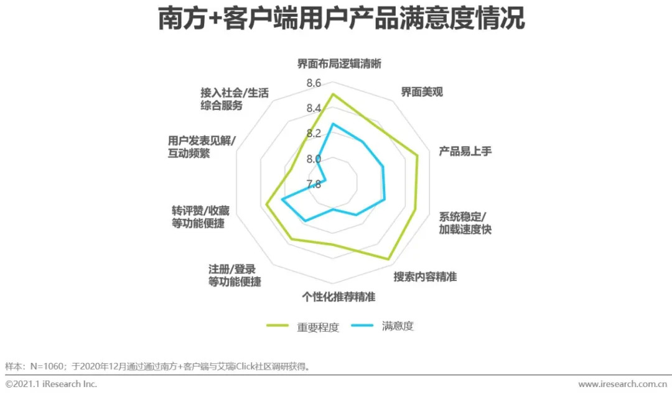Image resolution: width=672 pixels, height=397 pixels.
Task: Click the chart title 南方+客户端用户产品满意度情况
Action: pyautogui.click(x=340, y=19)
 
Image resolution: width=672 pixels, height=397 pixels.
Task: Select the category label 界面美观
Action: pyautogui.click(x=421, y=92)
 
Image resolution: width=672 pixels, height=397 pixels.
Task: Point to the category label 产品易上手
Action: pyautogui.click(x=465, y=151)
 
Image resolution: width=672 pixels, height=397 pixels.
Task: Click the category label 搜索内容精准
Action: pyautogui.click(x=425, y=277)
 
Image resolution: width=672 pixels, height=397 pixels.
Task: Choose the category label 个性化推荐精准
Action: pyautogui.click(x=338, y=297)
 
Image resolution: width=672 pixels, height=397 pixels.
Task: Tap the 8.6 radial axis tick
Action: pyautogui.click(x=314, y=83)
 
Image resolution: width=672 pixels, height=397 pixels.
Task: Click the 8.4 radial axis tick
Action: pyautogui.click(x=314, y=109)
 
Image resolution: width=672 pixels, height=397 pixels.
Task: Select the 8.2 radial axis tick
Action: pyautogui.click(x=314, y=134)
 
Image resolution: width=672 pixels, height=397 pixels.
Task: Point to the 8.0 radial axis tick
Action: pyautogui.click(x=314, y=159)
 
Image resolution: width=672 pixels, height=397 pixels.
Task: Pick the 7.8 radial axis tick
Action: pyautogui.click(x=314, y=184)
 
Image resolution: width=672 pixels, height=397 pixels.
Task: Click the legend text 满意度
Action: pyautogui.click(x=398, y=326)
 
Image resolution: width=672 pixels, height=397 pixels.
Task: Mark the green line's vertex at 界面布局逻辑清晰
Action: pyautogui.click(x=332, y=94)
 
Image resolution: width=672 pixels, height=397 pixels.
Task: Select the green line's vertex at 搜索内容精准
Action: pyautogui.click(x=389, y=259)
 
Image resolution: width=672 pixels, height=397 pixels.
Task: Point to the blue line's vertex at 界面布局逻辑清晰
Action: pyautogui.click(x=332, y=124)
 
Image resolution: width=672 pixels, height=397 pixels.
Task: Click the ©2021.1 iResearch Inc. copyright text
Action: pyautogui.click(x=52, y=385)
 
